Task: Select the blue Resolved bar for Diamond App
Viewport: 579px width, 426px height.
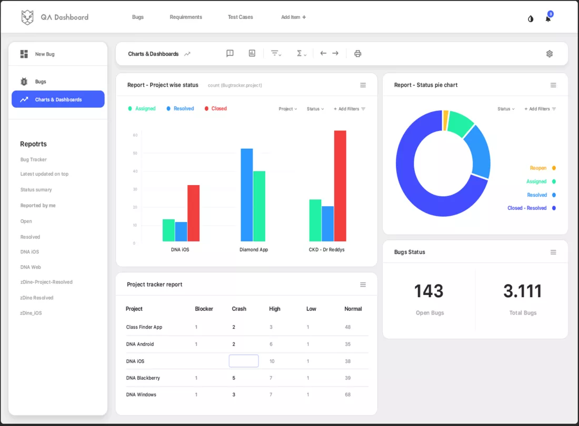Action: (247, 195)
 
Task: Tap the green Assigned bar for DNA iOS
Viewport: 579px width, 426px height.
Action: (168, 230)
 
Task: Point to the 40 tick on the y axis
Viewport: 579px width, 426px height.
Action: (135, 171)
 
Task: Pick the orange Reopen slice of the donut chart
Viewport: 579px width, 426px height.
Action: (446, 120)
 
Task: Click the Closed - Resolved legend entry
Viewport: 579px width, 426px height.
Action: (527, 208)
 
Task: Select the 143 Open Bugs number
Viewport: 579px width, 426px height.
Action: (428, 291)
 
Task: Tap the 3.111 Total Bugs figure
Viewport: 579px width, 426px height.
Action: (522, 291)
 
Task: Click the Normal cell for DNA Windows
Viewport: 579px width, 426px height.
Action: (348, 394)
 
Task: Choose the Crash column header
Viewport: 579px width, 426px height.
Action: (239, 309)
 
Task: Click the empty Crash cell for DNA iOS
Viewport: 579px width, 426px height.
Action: (244, 361)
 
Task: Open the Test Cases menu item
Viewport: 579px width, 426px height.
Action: (240, 17)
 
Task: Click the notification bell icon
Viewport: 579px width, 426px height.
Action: (548, 19)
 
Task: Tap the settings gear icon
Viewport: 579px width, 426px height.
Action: (550, 54)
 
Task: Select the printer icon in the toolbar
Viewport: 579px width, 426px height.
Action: (358, 54)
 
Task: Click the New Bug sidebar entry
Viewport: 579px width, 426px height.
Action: (45, 54)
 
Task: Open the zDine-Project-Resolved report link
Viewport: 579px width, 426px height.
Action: (46, 282)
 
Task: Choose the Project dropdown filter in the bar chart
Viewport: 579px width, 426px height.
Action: (288, 109)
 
